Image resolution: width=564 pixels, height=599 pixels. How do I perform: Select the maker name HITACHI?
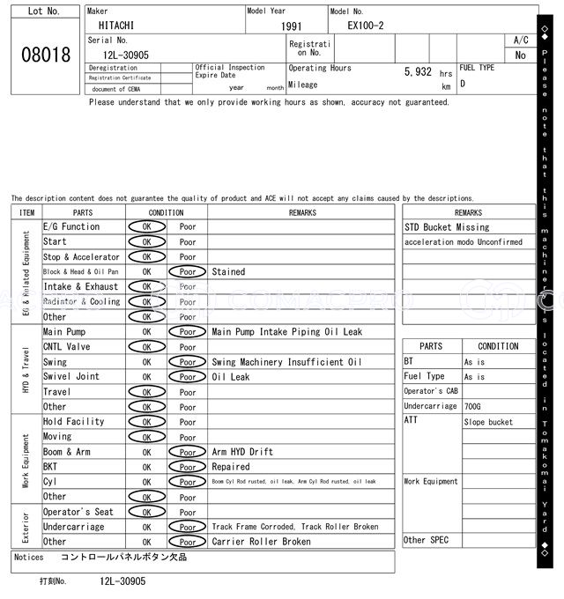(116, 26)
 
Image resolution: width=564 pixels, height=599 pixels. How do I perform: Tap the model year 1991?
(291, 26)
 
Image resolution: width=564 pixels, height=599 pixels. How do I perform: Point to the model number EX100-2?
(366, 26)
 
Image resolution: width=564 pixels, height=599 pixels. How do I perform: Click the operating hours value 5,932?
(418, 72)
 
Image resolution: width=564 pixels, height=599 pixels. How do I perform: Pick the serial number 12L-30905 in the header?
(119, 55)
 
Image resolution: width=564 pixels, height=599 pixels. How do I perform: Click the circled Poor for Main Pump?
(188, 332)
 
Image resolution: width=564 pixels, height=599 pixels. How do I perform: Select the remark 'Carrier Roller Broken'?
(261, 542)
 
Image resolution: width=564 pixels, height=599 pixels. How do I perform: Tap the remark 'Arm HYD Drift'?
(243, 452)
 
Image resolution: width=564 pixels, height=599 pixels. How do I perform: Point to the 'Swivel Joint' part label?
(71, 377)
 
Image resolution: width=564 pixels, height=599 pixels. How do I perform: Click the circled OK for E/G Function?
(146, 226)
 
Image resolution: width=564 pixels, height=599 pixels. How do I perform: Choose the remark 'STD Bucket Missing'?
(446, 227)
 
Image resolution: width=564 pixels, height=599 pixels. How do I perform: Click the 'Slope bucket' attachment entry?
(487, 422)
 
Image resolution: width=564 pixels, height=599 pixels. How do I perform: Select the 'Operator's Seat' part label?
(78, 512)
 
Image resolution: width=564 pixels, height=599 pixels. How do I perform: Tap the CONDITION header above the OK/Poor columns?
(166, 212)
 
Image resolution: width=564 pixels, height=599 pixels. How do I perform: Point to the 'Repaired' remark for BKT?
(231, 467)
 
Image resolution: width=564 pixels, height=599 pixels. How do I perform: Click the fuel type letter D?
(463, 85)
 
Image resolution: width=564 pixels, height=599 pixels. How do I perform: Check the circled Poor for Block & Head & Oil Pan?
(188, 272)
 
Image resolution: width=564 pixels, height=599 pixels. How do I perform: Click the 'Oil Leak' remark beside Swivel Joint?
(230, 377)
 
